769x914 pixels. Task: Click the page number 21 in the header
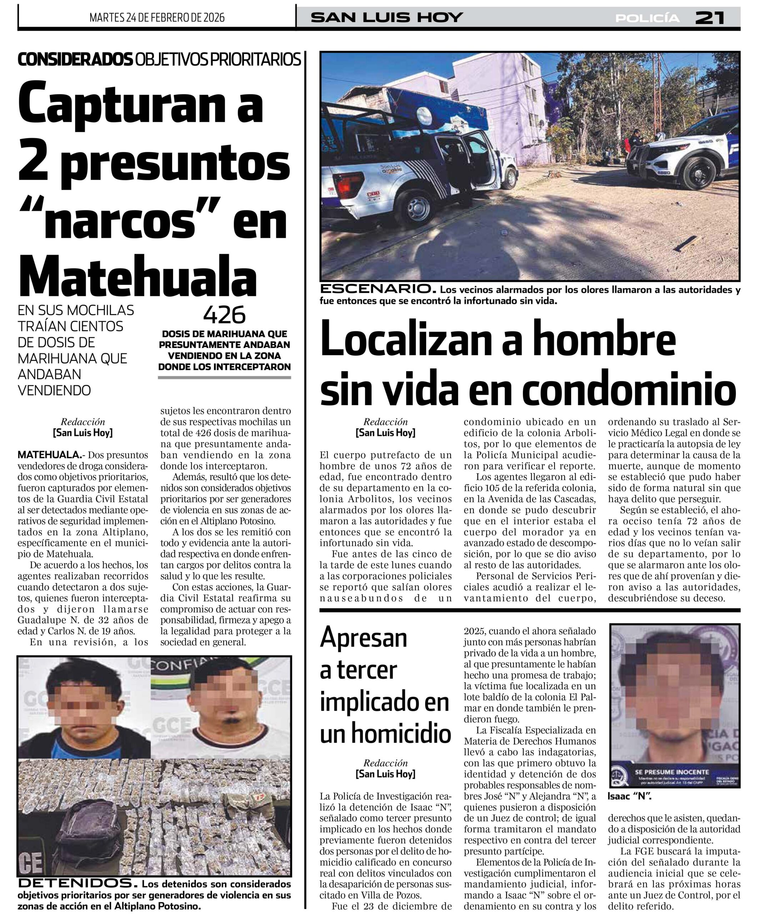[x=710, y=18]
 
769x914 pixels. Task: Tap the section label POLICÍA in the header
[x=647, y=18]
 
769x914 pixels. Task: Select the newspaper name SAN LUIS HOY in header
[x=387, y=17]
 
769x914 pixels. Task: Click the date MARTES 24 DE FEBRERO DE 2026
[x=157, y=17]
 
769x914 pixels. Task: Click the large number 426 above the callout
[x=225, y=315]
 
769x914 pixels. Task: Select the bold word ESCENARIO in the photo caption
[x=377, y=289]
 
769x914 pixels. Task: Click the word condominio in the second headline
[x=629, y=389]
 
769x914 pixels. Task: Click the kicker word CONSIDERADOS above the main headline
[x=75, y=60]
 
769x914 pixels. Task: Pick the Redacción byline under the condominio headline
[x=385, y=422]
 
